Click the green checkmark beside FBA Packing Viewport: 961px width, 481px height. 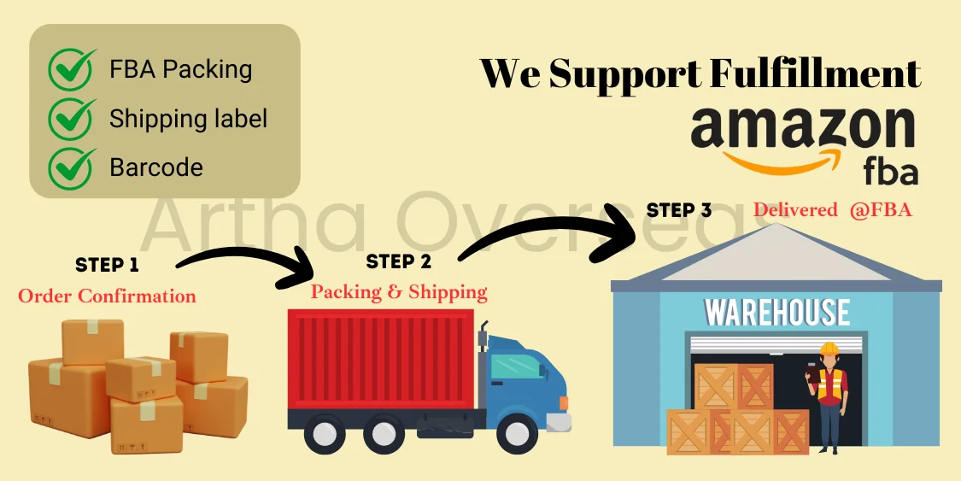(x=73, y=69)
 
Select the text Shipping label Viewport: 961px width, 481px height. (x=188, y=118)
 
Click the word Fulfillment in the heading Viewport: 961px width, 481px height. (x=816, y=73)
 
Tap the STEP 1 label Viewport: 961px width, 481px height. (x=107, y=265)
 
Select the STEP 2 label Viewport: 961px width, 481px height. (x=398, y=261)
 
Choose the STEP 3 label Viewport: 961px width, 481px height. (x=679, y=210)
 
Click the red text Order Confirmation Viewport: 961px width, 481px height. (x=107, y=296)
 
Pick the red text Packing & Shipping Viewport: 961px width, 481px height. (x=399, y=291)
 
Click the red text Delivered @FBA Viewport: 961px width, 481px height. (x=833, y=210)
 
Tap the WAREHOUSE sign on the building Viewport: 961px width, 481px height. (x=776, y=313)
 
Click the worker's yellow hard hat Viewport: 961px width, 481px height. (x=829, y=349)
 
